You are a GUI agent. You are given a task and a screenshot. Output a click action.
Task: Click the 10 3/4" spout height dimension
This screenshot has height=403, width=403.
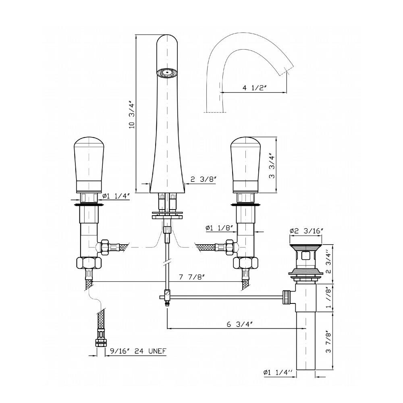132,114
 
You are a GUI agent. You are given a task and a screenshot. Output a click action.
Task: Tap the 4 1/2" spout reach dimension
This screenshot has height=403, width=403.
253,88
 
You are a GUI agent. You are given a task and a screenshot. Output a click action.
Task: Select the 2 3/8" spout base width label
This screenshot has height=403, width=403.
203,179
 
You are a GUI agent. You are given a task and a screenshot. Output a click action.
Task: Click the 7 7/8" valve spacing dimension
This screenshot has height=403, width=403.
191,277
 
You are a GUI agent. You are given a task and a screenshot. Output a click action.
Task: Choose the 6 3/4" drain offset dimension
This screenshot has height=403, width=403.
239,324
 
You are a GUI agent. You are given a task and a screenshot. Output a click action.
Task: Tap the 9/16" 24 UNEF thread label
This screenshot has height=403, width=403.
138,351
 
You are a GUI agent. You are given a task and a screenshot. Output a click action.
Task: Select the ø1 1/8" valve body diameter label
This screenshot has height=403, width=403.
219,228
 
